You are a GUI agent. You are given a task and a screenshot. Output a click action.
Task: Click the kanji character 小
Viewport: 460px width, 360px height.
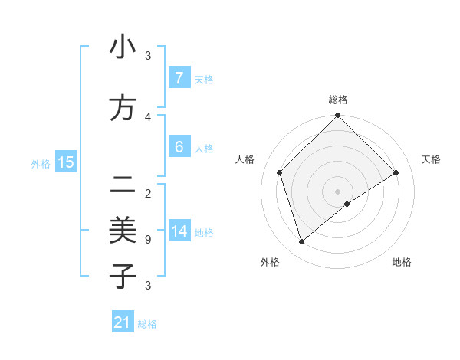coord(123,47)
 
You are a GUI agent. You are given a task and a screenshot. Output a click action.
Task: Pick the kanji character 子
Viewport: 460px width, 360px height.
coord(123,276)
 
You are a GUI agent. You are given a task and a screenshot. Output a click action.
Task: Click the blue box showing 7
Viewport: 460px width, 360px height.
coord(179,78)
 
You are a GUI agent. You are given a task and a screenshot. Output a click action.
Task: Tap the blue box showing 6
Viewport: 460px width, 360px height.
coord(179,147)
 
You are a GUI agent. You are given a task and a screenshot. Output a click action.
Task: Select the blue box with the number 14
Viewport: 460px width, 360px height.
coord(179,231)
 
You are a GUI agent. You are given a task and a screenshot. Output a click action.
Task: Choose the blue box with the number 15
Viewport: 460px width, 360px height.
coord(65,162)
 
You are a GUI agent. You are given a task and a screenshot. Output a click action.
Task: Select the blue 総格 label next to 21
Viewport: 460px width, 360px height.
coord(147,324)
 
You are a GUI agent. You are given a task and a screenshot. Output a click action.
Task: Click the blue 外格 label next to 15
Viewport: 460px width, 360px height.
coord(41,163)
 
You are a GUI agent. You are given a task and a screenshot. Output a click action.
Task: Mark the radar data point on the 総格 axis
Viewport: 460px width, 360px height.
coord(337,116)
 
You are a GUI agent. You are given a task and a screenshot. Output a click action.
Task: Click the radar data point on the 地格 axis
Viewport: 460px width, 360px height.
coord(347,204)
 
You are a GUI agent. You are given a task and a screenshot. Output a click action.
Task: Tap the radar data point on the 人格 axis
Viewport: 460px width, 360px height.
coord(280,172)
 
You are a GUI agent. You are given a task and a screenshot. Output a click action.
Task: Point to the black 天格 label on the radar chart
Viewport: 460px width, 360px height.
coord(431,159)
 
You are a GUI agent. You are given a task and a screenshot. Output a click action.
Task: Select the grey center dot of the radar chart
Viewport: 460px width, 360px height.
coord(337,191)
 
